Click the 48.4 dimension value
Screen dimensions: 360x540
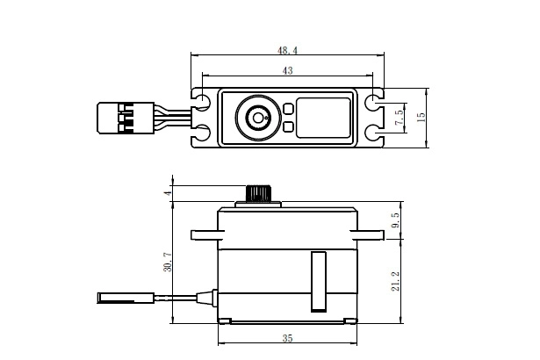click(287, 53)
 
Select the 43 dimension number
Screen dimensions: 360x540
click(287, 69)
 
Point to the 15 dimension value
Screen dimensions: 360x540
click(421, 118)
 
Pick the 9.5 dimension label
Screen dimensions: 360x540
click(396, 220)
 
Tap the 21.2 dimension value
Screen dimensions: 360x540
click(396, 278)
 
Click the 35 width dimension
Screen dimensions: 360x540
click(287, 336)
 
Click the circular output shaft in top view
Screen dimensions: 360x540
click(258, 117)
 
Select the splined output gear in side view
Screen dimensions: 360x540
click(257, 194)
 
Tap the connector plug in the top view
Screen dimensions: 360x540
click(113, 118)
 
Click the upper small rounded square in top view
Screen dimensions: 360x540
click(288, 108)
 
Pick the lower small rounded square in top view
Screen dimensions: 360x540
click(288, 126)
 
